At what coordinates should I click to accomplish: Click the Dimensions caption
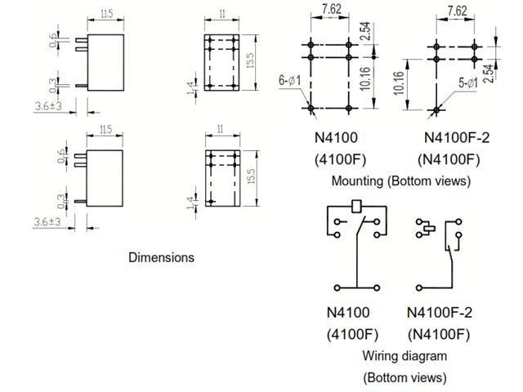[161, 257]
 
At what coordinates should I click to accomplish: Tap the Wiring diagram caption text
[405, 356]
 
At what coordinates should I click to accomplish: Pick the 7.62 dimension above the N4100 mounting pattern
[332, 11]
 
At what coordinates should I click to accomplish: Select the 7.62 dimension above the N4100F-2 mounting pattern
[457, 11]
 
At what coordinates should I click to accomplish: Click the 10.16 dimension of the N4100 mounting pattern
[387, 82]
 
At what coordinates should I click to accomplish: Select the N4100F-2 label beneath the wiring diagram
[440, 312]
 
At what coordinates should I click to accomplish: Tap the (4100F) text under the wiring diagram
[349, 334]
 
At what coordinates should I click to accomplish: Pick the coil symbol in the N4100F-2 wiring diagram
[424, 226]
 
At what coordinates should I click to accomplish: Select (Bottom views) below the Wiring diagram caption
[405, 377]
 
